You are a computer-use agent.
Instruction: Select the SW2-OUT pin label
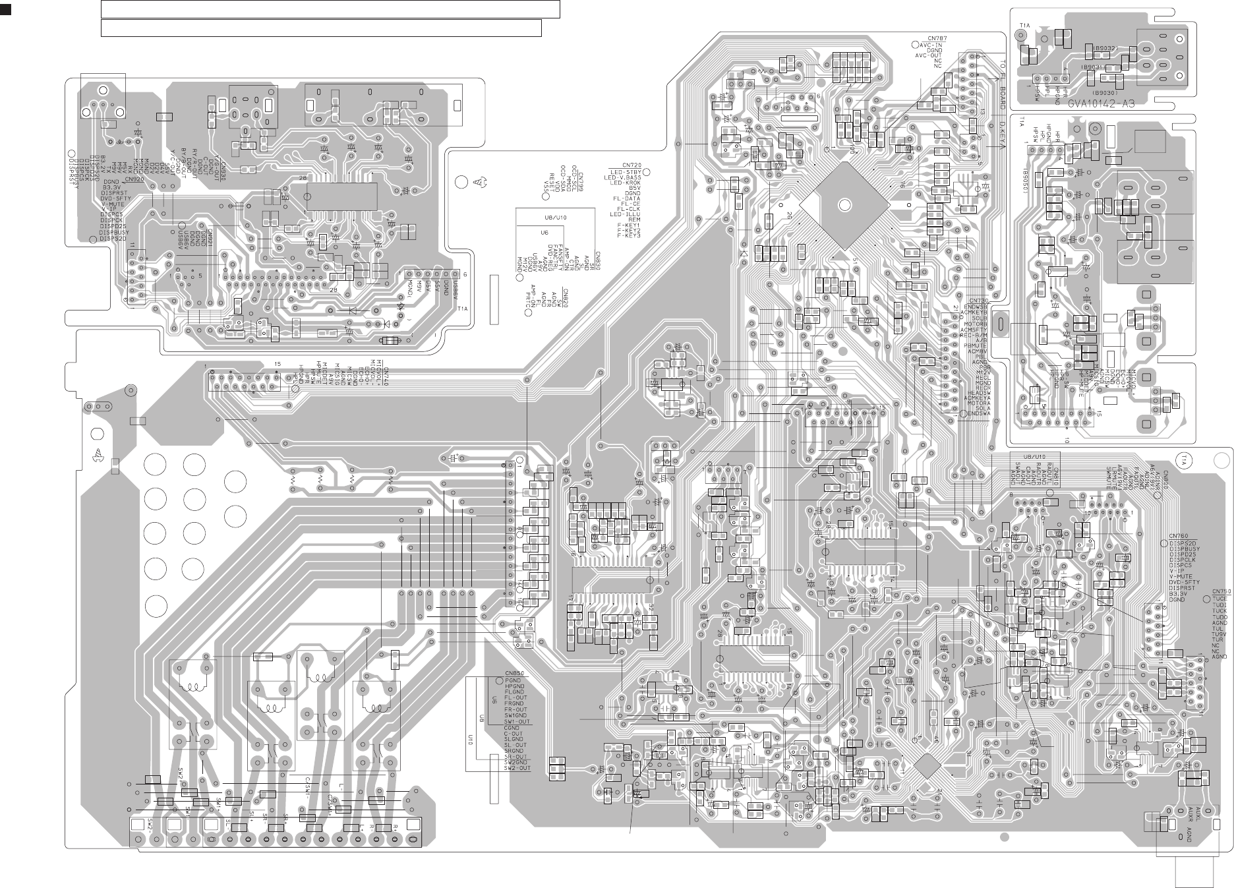(517, 768)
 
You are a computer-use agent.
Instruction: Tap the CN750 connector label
(1221, 591)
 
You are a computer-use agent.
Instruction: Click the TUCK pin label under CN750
(1219, 610)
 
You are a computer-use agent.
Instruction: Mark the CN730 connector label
(978, 300)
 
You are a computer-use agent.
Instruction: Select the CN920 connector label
(133, 179)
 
